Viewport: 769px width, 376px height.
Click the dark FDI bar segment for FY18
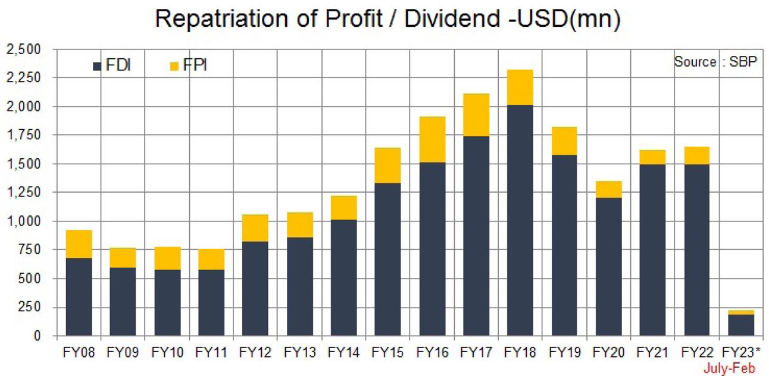(x=520, y=220)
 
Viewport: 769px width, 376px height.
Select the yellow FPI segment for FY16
(x=432, y=139)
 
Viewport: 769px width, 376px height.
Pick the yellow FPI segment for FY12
(x=255, y=228)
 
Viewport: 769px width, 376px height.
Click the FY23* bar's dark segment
(x=741, y=325)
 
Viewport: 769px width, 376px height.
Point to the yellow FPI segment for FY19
(x=564, y=141)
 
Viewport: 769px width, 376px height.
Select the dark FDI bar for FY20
(x=608, y=267)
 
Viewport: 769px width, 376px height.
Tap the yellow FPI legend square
(x=174, y=66)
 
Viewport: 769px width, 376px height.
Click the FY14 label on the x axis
(x=343, y=352)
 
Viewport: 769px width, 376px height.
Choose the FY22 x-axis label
(x=696, y=352)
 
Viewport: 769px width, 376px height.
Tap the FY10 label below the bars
(x=167, y=352)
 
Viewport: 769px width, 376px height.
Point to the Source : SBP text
(x=715, y=62)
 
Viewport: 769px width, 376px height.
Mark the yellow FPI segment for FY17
(x=476, y=115)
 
